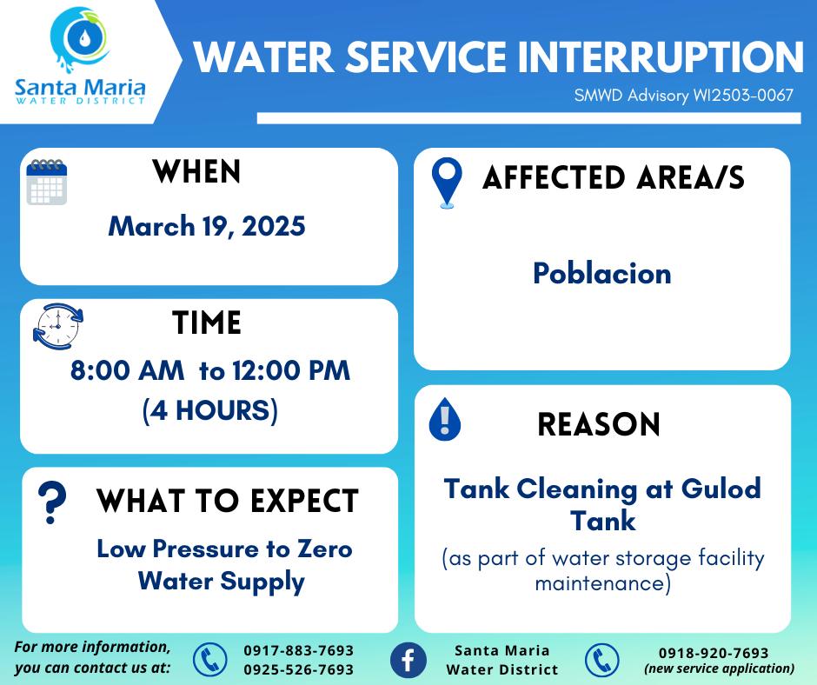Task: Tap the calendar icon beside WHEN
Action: pos(47,182)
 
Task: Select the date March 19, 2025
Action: pos(207,227)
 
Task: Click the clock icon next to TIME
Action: pos(58,326)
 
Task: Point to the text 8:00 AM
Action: pos(127,370)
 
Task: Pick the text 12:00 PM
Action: pos(291,370)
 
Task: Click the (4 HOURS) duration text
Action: pos(210,410)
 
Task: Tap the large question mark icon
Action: pos(52,502)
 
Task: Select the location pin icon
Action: pos(447,183)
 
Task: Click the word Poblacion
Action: pos(602,273)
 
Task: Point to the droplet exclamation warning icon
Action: pos(444,419)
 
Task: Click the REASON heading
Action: pos(599,424)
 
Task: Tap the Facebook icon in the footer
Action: pos(408,660)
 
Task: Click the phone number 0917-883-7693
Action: pos(299,650)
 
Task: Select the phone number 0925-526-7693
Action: pos(299,669)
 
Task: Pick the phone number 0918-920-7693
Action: pos(714,653)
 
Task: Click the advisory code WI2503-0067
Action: pos(742,96)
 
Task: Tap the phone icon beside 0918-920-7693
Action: pos(601,660)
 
